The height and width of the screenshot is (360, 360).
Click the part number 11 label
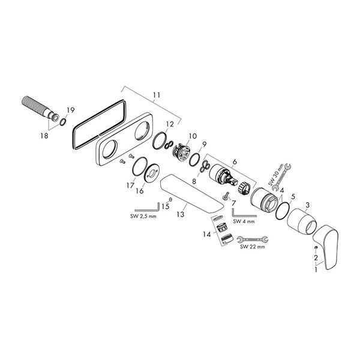[x=157, y=95]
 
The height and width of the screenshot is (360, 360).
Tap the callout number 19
[x=70, y=110]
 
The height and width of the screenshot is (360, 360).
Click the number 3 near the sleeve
[x=308, y=206]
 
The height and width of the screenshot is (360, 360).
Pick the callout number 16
[x=140, y=191]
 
